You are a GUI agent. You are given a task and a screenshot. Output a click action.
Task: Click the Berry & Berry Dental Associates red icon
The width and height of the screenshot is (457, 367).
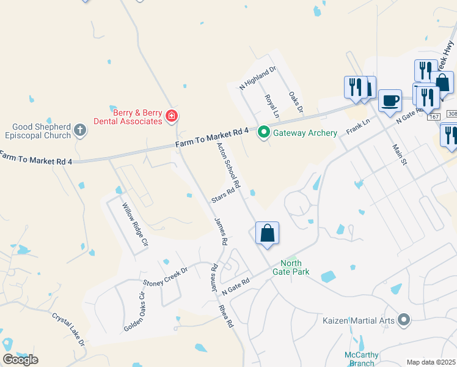[x=172, y=116]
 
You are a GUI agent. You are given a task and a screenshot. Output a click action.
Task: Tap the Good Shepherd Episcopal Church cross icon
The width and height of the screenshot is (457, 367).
[x=80, y=130]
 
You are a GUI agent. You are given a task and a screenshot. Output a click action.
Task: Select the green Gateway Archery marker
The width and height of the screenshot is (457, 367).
[x=263, y=132]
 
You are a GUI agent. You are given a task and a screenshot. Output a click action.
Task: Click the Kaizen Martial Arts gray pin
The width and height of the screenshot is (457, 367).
[x=403, y=319]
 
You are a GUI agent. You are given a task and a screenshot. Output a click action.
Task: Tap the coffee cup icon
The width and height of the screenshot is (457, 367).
[x=389, y=101]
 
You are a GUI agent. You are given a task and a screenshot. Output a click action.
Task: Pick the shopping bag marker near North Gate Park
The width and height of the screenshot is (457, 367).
[x=267, y=233]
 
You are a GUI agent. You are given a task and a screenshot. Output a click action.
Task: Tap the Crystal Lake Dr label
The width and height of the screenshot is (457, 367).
[x=68, y=330]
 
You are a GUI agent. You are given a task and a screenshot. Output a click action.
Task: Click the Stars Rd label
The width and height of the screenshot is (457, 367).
[x=223, y=195]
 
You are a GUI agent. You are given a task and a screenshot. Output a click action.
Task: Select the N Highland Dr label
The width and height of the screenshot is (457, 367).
[x=258, y=77]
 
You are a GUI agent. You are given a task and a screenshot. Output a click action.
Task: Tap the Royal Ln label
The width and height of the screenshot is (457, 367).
[x=271, y=105]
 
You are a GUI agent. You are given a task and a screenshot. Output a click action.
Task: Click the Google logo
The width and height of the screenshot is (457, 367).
[x=20, y=360]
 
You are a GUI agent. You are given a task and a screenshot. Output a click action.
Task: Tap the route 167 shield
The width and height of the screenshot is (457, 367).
[x=434, y=116]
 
